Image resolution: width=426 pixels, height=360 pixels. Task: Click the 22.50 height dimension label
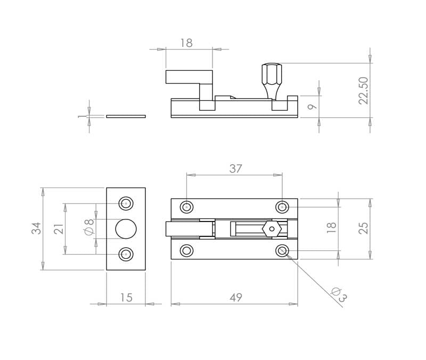[364, 91]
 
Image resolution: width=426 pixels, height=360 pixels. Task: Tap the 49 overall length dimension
[236, 298]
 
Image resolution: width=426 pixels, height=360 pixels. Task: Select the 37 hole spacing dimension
[235, 169]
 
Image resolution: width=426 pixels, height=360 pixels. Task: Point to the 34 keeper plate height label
[36, 228]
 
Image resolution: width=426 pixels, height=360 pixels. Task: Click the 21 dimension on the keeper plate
[59, 229]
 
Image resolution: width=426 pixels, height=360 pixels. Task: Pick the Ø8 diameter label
[89, 226]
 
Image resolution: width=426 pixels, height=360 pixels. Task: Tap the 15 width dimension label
[126, 298]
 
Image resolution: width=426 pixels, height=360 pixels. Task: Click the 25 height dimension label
[364, 228]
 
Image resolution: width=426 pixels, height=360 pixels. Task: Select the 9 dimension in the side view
[313, 106]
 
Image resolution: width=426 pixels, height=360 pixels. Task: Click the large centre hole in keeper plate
[126, 229]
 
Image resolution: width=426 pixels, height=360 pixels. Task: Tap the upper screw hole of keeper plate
[126, 203]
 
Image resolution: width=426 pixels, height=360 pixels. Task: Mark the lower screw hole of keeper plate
[126, 255]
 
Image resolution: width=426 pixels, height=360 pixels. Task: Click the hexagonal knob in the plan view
[272, 229]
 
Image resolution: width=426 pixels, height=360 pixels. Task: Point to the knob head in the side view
[272, 74]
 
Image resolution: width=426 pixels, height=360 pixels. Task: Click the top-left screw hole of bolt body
[187, 207]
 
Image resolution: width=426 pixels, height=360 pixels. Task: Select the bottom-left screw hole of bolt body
[187, 250]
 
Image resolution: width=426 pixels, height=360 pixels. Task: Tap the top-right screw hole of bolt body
[282, 207]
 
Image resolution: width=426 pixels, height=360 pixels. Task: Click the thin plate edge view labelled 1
[126, 116]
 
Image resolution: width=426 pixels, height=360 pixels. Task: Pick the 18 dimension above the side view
[186, 43]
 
